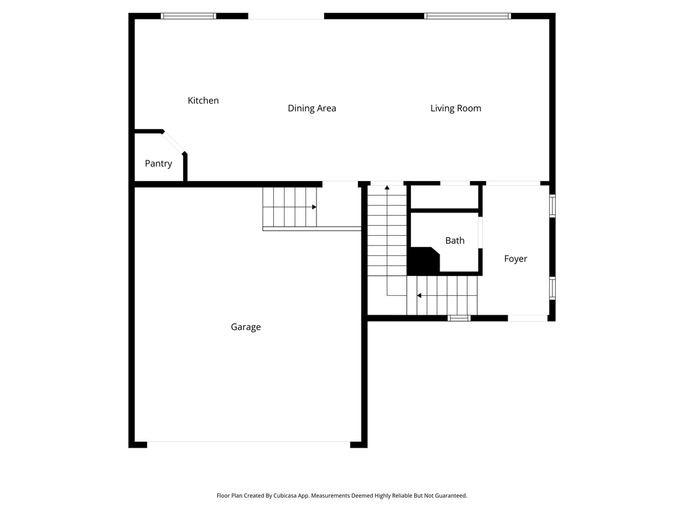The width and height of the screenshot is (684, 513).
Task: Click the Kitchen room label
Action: pyautogui.click(x=203, y=100)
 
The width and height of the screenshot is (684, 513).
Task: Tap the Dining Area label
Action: pyautogui.click(x=311, y=108)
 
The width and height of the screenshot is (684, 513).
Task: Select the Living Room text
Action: pyautogui.click(x=456, y=108)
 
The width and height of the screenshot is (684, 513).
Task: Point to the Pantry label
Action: pyautogui.click(x=158, y=164)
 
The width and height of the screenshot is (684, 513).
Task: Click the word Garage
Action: pyautogui.click(x=246, y=327)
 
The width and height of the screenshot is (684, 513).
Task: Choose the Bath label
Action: pyautogui.click(x=455, y=240)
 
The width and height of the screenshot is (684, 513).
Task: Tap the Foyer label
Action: pyautogui.click(x=516, y=259)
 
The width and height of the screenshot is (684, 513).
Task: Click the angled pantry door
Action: pyautogui.click(x=175, y=143)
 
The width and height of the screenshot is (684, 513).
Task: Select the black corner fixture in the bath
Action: pyautogui.click(x=421, y=261)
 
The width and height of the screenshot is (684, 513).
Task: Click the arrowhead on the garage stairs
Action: pyautogui.click(x=314, y=207)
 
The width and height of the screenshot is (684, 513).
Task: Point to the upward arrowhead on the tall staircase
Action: pyautogui.click(x=387, y=188)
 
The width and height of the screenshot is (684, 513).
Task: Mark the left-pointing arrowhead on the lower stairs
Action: pyautogui.click(x=419, y=295)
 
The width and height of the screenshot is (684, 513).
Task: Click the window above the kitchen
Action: pyautogui.click(x=189, y=16)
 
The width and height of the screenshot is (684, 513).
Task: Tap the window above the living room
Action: pyautogui.click(x=468, y=16)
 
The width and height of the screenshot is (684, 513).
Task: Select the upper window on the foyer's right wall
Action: pyautogui.click(x=552, y=206)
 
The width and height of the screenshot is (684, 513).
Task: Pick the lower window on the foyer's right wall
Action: pyautogui.click(x=552, y=287)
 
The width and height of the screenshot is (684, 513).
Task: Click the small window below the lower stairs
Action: pyautogui.click(x=459, y=318)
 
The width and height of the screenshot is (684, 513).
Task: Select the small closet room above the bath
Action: pyautogui.click(x=444, y=197)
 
